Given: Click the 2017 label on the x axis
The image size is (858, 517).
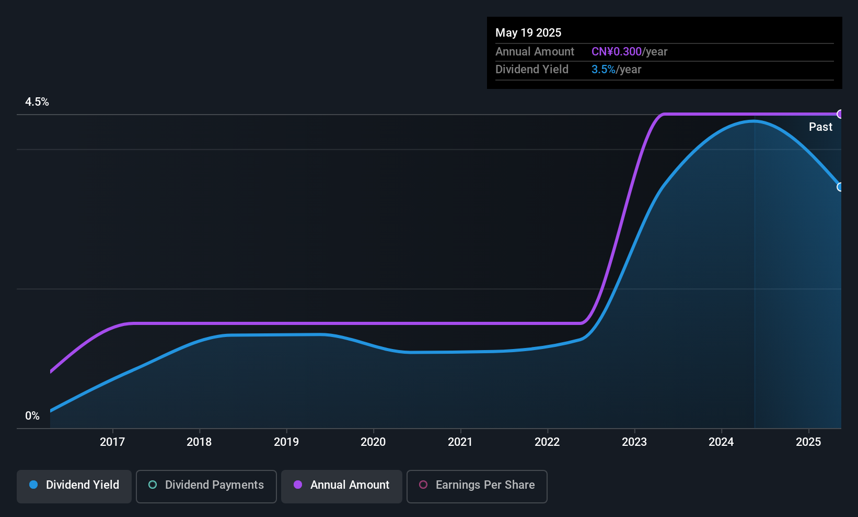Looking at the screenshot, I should click(x=112, y=442).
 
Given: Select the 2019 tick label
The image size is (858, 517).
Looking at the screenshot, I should click(x=286, y=442).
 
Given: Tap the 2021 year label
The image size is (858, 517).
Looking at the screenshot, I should click(x=460, y=442).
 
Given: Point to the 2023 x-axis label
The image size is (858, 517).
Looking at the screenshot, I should click(x=634, y=442).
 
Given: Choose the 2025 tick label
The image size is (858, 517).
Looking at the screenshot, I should click(x=808, y=442).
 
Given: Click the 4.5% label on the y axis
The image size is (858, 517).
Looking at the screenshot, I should click(x=37, y=102).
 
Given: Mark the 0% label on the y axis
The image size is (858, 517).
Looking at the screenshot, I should click(x=32, y=416).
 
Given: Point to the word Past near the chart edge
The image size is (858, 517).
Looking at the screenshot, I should click(x=820, y=127).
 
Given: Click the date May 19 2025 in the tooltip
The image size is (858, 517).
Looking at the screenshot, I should click(x=528, y=33).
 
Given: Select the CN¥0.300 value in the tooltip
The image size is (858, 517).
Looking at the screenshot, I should click(x=616, y=52).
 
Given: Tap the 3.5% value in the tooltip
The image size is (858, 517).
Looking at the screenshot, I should click(x=603, y=70).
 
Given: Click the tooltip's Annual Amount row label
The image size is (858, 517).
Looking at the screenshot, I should click(x=535, y=52).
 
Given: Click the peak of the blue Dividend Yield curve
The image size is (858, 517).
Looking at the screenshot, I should click(x=753, y=121).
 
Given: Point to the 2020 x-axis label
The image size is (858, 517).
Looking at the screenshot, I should click(x=373, y=442).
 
